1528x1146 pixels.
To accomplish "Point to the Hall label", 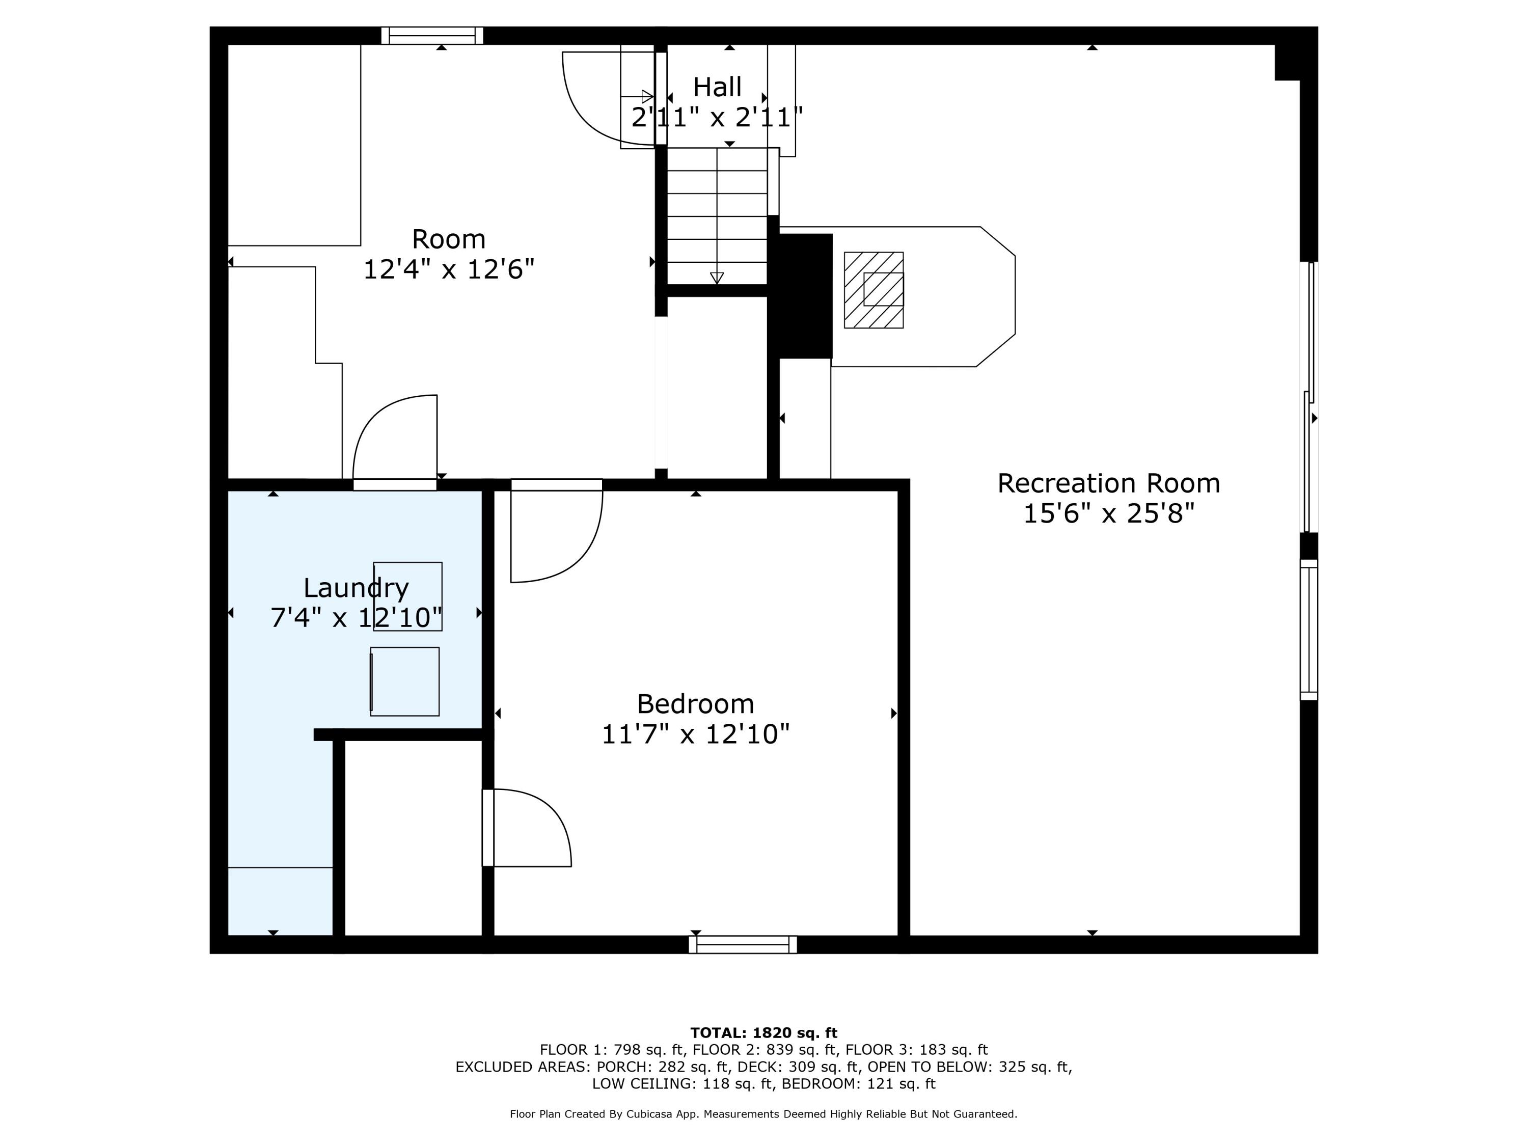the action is click(717, 87).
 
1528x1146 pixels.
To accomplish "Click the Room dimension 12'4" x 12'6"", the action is click(449, 269).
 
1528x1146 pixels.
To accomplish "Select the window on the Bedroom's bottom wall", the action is click(743, 944).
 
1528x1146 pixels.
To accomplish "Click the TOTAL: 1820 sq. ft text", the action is click(763, 1033).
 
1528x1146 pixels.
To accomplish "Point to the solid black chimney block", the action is click(805, 295).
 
